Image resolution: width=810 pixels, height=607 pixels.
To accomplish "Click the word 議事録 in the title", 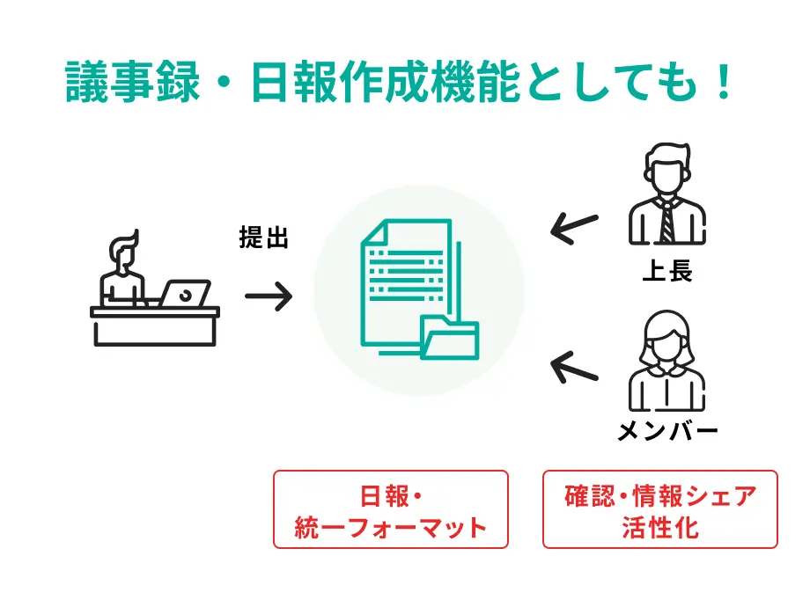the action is click(133, 82).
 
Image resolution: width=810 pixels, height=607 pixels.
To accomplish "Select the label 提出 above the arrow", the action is click(263, 238).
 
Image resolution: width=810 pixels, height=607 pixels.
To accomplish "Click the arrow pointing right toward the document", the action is click(269, 296).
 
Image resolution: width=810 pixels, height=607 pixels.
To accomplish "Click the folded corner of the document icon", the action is click(374, 231).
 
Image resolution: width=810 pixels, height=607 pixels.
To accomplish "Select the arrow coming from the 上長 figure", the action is click(574, 228).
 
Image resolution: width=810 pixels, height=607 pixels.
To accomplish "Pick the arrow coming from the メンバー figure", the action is click(574, 367).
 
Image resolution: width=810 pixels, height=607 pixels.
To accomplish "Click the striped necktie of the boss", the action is click(666, 222).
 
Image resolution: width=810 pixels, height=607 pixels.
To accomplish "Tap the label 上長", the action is click(666, 270).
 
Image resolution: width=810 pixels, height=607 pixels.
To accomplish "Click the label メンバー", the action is click(667, 430).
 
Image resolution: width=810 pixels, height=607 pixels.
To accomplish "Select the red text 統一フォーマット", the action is click(391, 528).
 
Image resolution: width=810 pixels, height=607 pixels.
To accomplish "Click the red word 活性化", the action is click(660, 528).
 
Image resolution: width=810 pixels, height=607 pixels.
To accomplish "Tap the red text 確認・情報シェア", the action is click(660, 496).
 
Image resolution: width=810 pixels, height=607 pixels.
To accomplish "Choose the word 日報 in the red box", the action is click(385, 496).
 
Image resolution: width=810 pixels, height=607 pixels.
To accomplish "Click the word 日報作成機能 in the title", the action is click(386, 82).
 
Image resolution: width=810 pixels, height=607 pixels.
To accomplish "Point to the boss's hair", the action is click(666, 155).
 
